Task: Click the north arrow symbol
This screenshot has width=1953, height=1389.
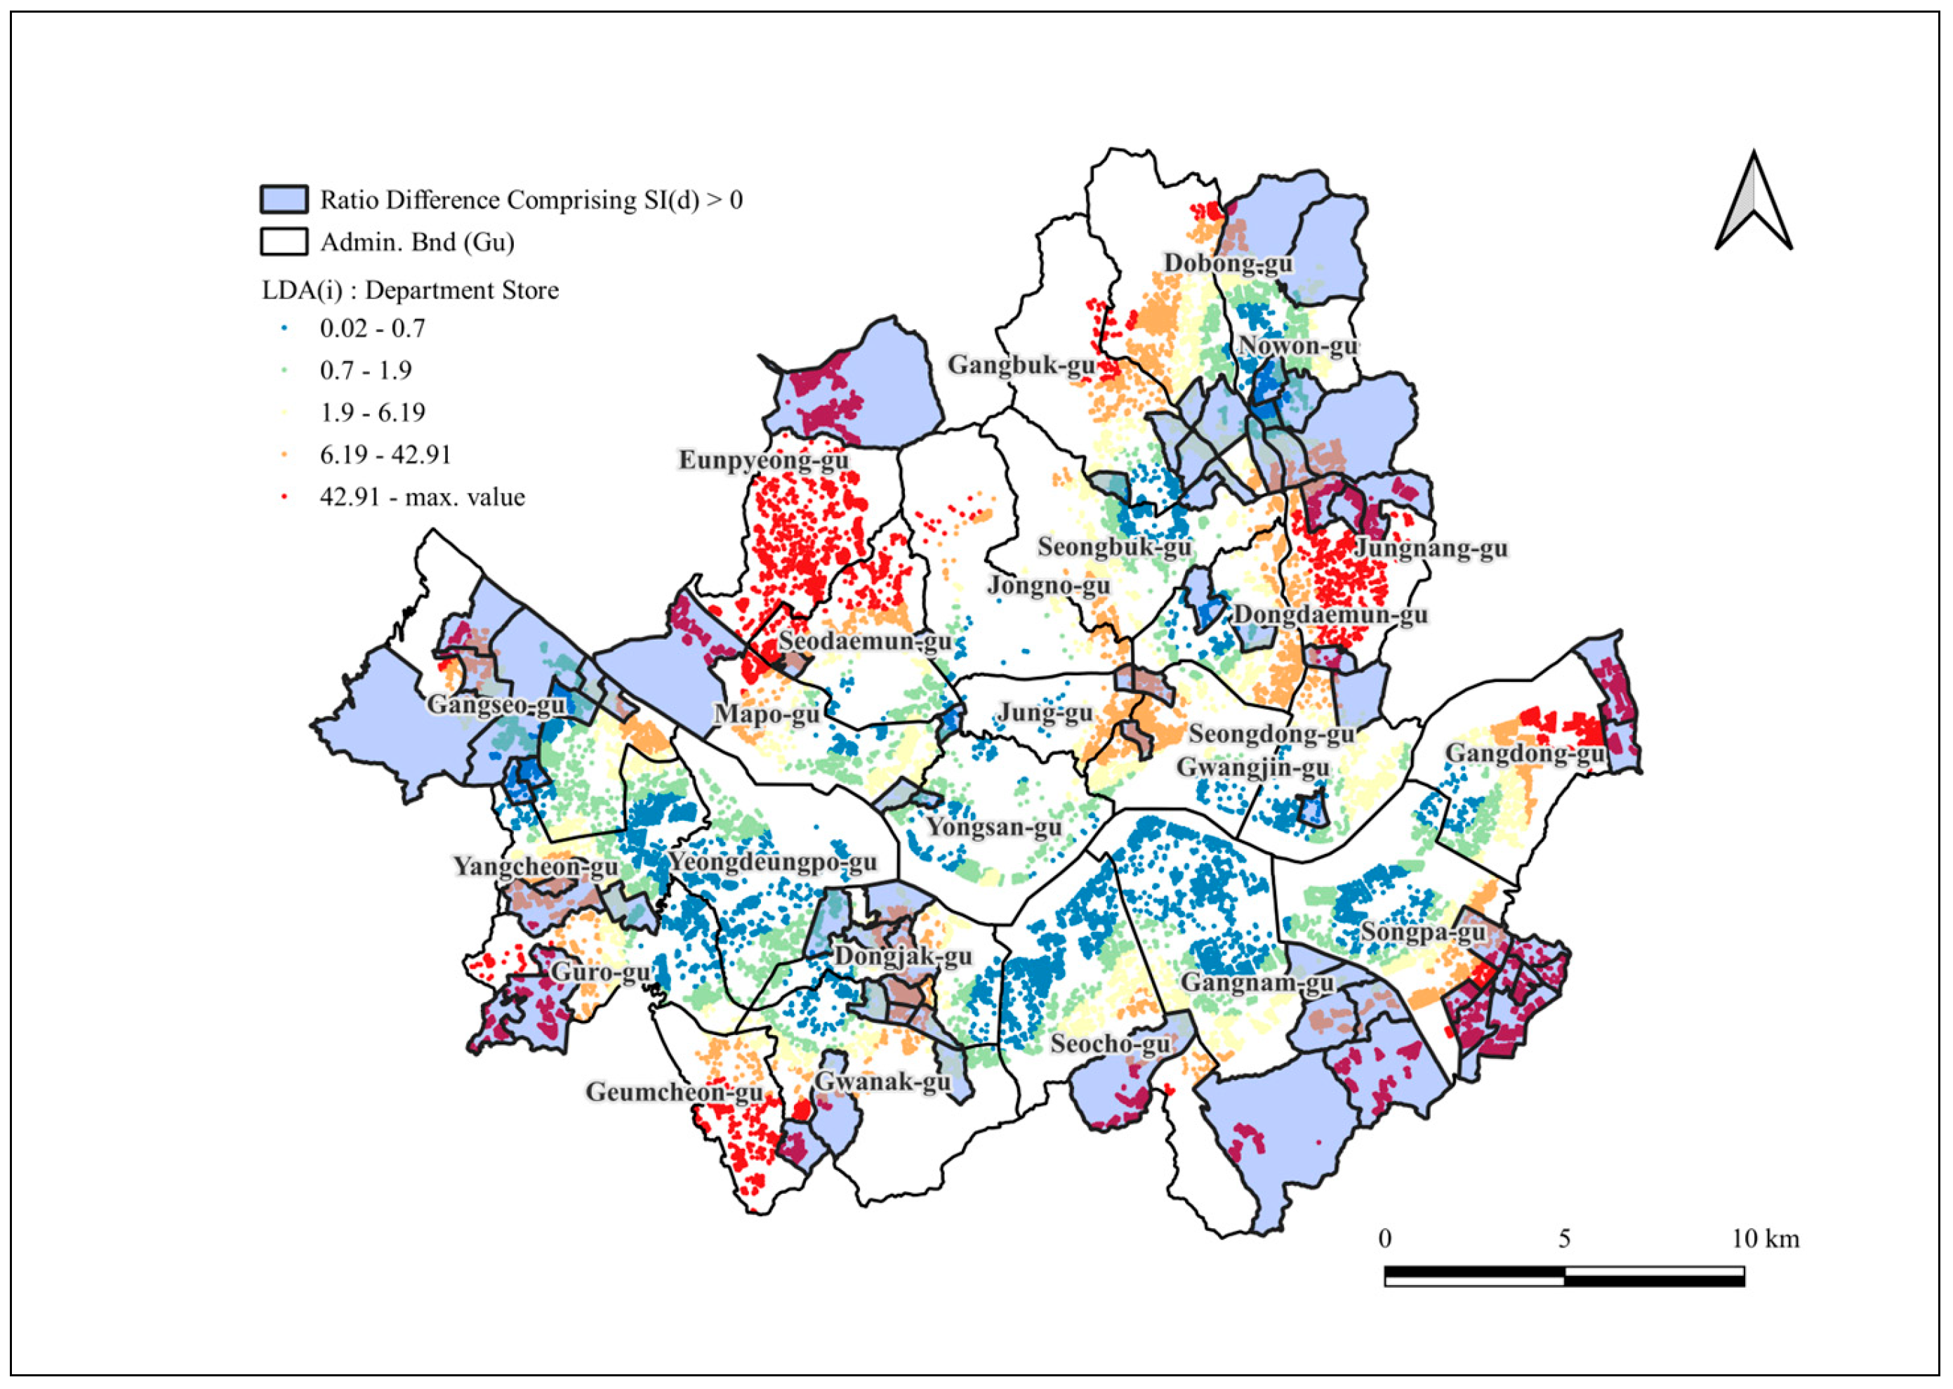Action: (x=1754, y=204)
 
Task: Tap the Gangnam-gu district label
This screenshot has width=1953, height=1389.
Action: (x=1257, y=982)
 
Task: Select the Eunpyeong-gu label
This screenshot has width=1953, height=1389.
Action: (x=764, y=460)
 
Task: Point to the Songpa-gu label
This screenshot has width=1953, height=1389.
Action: (x=1423, y=931)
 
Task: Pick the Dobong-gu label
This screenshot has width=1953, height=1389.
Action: (x=1228, y=263)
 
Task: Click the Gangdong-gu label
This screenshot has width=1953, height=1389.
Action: (x=1524, y=753)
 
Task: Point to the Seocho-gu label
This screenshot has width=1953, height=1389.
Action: (x=1110, y=1044)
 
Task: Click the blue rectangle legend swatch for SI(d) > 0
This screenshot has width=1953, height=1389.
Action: (x=284, y=199)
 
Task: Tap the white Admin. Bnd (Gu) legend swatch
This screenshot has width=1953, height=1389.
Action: (x=284, y=242)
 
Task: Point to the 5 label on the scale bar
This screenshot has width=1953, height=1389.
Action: (x=1564, y=1239)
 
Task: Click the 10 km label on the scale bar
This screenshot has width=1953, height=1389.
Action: (x=1765, y=1239)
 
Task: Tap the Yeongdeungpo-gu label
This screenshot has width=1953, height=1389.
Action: (x=772, y=862)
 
